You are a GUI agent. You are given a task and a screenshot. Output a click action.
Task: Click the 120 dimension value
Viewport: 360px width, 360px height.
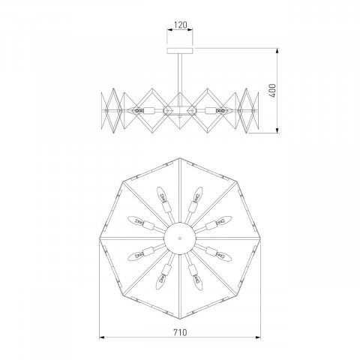click(x=179, y=25)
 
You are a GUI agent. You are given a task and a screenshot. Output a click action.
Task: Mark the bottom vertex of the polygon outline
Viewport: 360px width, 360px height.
click(x=179, y=317)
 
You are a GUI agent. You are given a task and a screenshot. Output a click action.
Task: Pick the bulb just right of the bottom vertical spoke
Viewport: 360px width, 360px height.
click(x=197, y=280)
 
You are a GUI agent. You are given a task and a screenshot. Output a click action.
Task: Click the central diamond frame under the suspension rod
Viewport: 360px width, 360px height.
click(x=179, y=109)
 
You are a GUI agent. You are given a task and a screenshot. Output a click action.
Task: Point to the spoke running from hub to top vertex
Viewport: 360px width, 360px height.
click(x=179, y=195)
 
